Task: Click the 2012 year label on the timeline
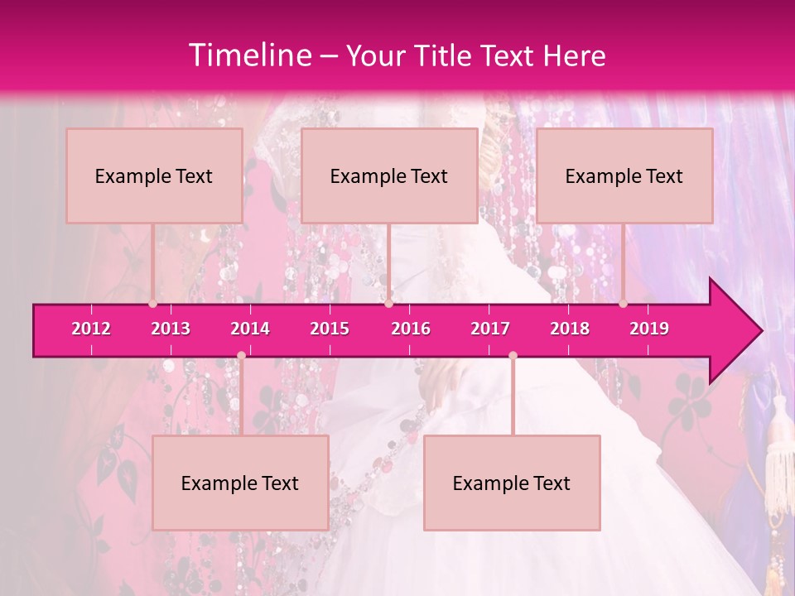click(x=91, y=329)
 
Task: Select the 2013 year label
click(x=171, y=329)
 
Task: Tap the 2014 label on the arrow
click(x=250, y=329)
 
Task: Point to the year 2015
click(x=330, y=329)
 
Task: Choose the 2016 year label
click(x=411, y=329)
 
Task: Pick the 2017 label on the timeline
click(x=490, y=329)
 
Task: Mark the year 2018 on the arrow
click(x=570, y=329)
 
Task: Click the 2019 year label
click(x=649, y=329)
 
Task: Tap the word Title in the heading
click(x=435, y=56)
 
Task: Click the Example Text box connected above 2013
click(x=154, y=176)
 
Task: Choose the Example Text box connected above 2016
click(x=389, y=176)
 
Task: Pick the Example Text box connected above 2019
click(x=624, y=176)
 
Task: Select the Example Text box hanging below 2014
click(x=240, y=483)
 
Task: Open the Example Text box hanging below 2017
click(x=512, y=483)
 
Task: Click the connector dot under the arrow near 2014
click(x=241, y=355)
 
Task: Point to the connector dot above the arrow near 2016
click(x=388, y=304)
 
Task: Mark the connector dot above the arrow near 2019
click(x=624, y=304)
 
